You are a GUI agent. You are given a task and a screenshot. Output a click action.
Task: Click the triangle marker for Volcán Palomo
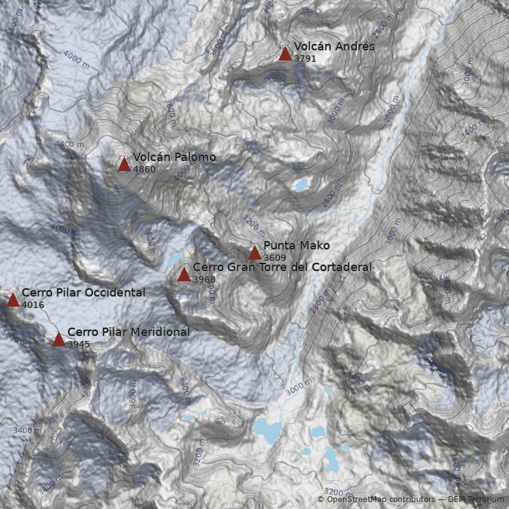coord(124,165)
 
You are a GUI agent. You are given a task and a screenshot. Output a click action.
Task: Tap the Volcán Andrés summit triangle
coord(285,53)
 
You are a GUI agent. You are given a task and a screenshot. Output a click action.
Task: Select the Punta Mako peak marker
coord(254,253)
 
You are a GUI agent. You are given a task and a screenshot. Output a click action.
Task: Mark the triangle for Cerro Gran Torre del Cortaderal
coord(184,275)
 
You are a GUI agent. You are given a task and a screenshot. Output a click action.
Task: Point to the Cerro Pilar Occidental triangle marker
coord(13,300)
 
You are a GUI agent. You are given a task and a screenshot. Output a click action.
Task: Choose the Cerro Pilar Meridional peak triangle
coord(59,339)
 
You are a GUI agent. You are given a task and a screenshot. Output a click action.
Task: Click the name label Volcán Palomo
coord(174,157)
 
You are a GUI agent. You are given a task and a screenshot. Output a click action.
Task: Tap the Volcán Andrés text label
coord(334,46)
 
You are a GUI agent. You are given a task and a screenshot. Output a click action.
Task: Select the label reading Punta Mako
coord(296,246)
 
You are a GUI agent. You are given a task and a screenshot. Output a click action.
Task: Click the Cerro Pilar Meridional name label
coord(129,332)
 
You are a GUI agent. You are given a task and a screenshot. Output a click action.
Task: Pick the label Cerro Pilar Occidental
coord(83,293)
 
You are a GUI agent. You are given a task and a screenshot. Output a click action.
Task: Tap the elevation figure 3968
coord(204,279)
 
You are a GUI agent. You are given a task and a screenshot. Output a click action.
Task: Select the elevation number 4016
coord(33,305)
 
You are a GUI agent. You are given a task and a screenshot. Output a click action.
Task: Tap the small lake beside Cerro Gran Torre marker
coord(174,259)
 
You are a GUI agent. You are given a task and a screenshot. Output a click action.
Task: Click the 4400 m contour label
coord(69,144)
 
